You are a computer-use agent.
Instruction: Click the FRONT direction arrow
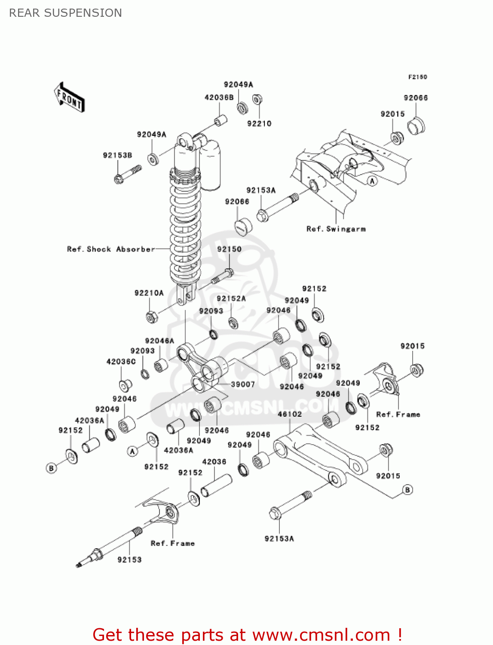click(x=69, y=97)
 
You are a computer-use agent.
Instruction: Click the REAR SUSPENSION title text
click(x=65, y=13)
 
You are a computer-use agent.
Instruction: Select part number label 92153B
click(x=117, y=155)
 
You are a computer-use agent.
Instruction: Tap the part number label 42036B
click(x=219, y=98)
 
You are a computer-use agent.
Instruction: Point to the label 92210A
click(x=149, y=293)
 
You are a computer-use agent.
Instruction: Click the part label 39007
click(x=243, y=384)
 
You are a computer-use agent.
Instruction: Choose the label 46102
click(x=290, y=414)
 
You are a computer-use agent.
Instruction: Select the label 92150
click(x=229, y=249)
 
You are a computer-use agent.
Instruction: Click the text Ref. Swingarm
click(x=336, y=229)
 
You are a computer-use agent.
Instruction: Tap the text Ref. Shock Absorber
click(x=111, y=249)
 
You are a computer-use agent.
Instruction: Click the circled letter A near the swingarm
click(x=373, y=181)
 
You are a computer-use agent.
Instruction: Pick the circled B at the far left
click(x=51, y=468)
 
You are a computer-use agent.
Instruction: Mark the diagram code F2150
click(x=417, y=77)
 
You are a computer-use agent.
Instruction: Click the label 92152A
click(x=231, y=299)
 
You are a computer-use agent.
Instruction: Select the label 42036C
click(x=121, y=362)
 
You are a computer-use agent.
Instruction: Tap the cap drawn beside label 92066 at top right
click(x=416, y=125)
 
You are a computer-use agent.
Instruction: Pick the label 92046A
click(x=159, y=341)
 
